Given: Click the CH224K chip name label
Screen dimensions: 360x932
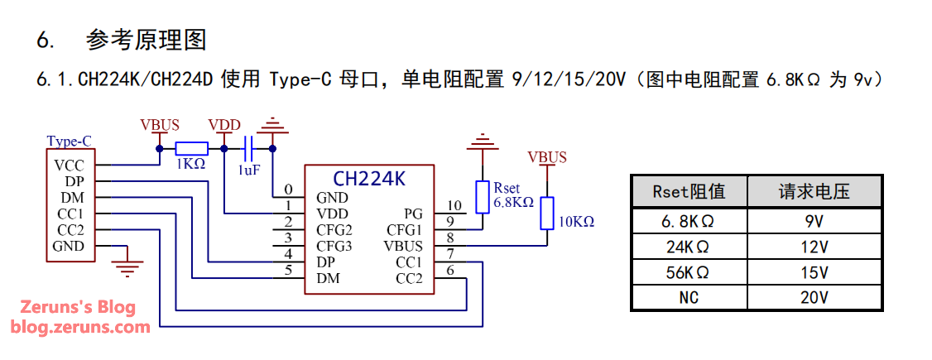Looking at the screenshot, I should pos(369,179).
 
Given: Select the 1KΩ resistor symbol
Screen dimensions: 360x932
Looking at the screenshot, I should pos(191,149).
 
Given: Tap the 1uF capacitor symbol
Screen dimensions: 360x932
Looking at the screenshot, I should pos(248,150).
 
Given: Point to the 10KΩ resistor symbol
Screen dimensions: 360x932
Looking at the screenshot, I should pos(546,213).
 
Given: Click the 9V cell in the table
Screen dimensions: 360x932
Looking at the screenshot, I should pos(814,222).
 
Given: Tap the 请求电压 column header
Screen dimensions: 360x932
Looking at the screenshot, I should pos(814,192).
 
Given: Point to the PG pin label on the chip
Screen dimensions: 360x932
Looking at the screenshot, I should pos(413,214).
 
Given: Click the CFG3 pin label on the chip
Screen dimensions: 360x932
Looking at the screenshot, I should pos(334,246).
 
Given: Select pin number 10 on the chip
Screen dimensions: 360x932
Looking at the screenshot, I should pos(454,206).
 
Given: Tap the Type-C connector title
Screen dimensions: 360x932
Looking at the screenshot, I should pos(70,141).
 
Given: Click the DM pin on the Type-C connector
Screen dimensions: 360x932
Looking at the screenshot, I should pos(71,198).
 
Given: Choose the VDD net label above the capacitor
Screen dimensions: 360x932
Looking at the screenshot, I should pos(224,126).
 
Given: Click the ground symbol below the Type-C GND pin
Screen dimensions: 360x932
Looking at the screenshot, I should pos(127,266).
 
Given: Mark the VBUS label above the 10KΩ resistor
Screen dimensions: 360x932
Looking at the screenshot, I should pos(547,157).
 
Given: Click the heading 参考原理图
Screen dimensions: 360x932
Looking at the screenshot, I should pos(146,40).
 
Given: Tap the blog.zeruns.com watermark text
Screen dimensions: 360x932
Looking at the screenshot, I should pos(80,327).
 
